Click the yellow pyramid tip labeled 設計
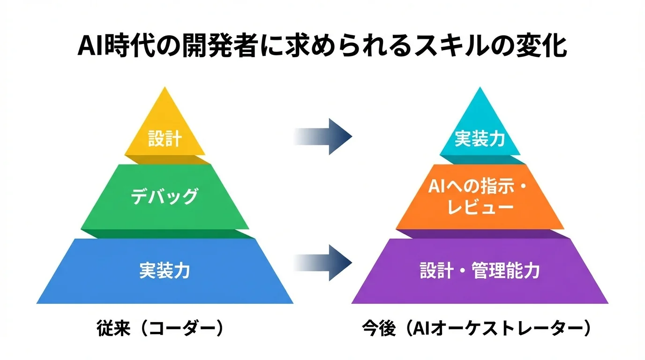coord(165,136)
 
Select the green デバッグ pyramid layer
coord(165,197)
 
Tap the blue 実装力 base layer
coord(165,271)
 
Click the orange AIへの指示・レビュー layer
coord(480,197)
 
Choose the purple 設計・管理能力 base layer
coord(480,271)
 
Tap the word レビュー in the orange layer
coord(480,208)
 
